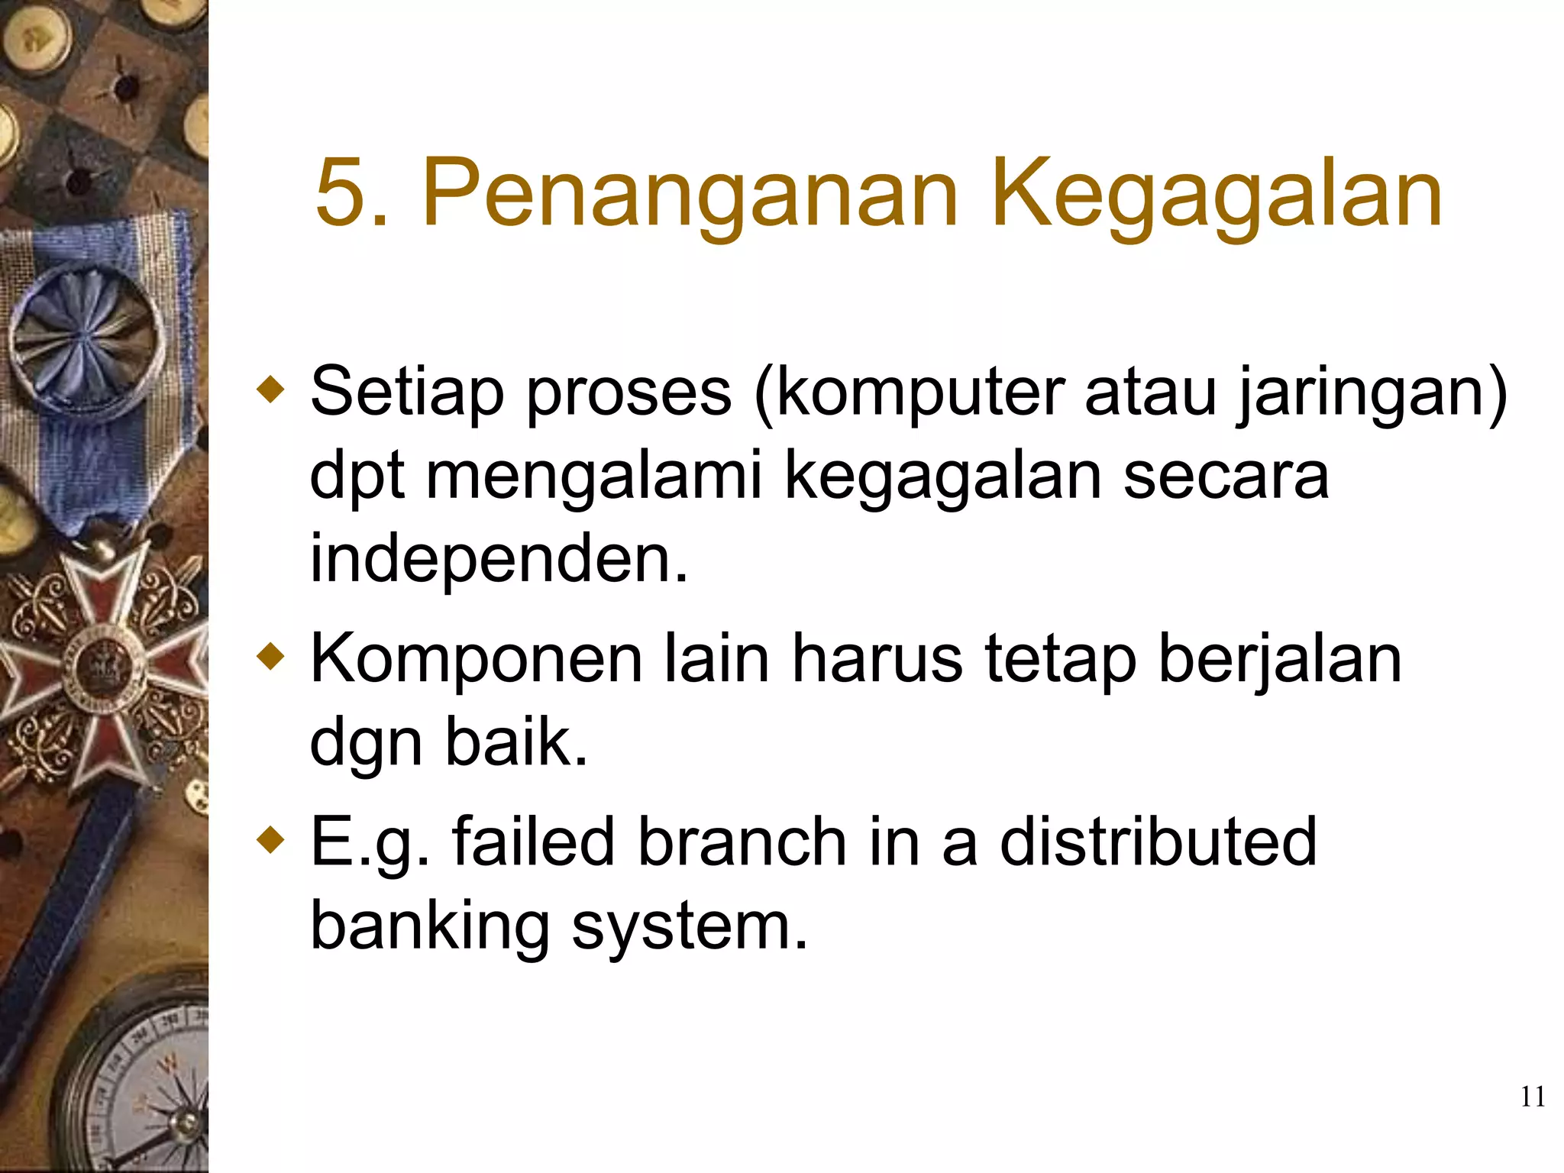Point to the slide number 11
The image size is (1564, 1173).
click(1532, 1097)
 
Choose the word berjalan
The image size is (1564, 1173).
click(1280, 659)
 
